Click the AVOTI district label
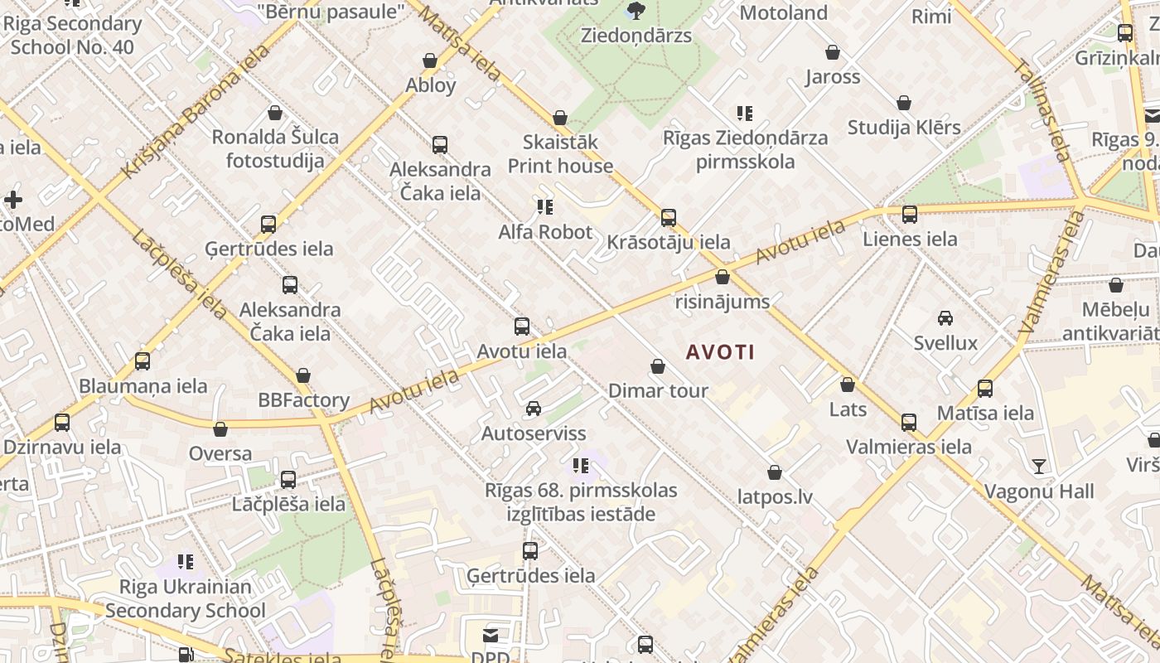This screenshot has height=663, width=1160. pyautogui.click(x=720, y=352)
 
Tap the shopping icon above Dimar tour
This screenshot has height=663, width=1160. pyautogui.click(x=658, y=366)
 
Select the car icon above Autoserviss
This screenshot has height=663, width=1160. pyautogui.click(x=534, y=409)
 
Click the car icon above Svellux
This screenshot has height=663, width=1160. pyautogui.click(x=945, y=318)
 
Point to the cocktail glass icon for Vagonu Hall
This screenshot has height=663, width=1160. pyautogui.click(x=1039, y=467)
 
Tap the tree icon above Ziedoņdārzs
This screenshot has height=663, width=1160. pyautogui.click(x=636, y=11)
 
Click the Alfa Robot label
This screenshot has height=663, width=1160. pyautogui.click(x=545, y=232)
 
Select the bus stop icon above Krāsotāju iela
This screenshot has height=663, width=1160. pyautogui.click(x=669, y=218)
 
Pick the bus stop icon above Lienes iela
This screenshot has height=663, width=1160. pyautogui.click(x=910, y=215)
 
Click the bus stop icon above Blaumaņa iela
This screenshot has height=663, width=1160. pyautogui.click(x=143, y=361)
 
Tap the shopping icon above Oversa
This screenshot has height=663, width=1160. pyautogui.click(x=220, y=429)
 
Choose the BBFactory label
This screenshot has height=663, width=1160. pyautogui.click(x=303, y=400)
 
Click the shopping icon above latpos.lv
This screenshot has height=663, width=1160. pyautogui.click(x=775, y=472)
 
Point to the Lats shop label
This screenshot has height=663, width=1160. pyautogui.click(x=848, y=409)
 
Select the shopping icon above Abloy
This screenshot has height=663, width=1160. pyautogui.click(x=430, y=60)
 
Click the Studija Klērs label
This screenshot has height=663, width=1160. pyautogui.click(x=904, y=128)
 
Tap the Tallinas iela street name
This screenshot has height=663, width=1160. pyautogui.click(x=1043, y=112)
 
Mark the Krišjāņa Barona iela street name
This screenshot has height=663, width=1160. pyautogui.click(x=196, y=111)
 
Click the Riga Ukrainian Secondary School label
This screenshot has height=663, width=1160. pyautogui.click(x=186, y=599)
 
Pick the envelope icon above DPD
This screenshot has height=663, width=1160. pyautogui.click(x=491, y=636)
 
